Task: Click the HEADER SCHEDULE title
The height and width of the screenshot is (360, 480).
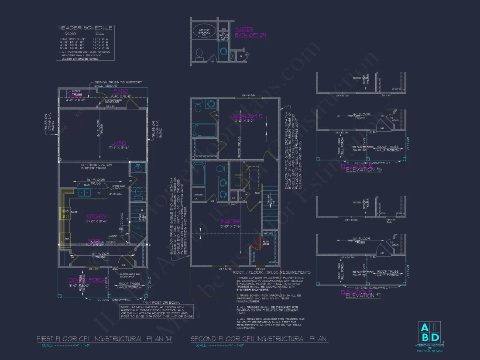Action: (85, 28)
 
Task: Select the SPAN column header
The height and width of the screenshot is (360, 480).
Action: (71, 33)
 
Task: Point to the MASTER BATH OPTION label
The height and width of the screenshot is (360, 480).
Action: (250, 32)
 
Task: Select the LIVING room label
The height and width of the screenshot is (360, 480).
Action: (118, 143)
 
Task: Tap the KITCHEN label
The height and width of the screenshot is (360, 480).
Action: (96, 216)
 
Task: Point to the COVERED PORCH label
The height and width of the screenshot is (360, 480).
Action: (87, 280)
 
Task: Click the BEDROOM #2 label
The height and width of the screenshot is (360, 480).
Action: (247, 116)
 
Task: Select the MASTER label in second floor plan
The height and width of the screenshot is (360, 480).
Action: (230, 221)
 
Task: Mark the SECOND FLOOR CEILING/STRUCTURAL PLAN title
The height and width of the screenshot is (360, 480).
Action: (259, 339)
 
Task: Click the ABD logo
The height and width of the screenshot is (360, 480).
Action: (429, 333)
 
